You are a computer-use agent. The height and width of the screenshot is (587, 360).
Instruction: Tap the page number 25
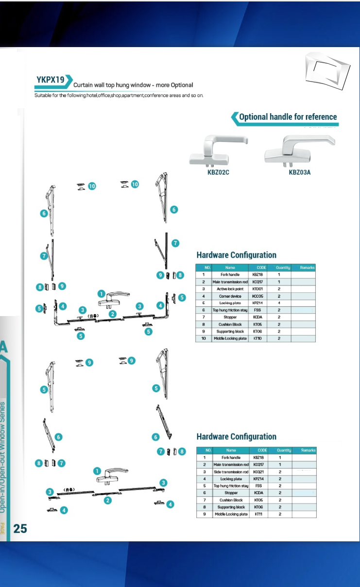[20, 529]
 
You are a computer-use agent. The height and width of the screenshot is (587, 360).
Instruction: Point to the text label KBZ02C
[215, 172]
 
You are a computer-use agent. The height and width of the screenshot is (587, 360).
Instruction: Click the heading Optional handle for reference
[288, 117]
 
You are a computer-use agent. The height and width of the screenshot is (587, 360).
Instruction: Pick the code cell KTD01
[257, 289]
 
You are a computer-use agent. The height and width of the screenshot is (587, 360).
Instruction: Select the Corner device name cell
[230, 296]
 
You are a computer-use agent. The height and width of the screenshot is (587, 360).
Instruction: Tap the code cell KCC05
[257, 296]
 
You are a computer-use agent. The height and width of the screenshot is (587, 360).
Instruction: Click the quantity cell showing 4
[279, 303]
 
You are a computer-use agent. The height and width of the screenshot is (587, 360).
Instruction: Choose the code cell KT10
[257, 338]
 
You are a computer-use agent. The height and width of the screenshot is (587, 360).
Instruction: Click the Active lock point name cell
[230, 289]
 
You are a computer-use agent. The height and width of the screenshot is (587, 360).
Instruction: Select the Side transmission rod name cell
[231, 472]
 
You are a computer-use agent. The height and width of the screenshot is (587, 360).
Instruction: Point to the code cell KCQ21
[258, 472]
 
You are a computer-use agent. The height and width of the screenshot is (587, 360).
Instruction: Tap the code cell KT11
[258, 514]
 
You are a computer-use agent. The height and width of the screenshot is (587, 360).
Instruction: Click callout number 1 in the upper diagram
[101, 294]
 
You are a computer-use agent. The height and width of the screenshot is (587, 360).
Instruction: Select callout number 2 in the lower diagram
[108, 500]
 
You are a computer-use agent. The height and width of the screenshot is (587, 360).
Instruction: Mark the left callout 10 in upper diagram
[92, 185]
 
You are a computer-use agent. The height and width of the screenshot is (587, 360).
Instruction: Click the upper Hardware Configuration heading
[236, 255]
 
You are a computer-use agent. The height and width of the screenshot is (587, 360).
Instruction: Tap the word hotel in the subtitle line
[91, 95]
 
